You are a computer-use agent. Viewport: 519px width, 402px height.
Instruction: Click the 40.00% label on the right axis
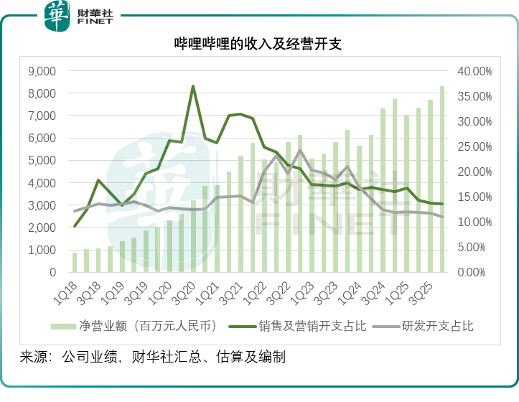pos(474,71)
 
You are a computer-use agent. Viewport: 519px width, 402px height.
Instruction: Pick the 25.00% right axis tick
pos(474,146)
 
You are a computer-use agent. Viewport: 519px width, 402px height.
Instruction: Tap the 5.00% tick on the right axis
pos(474,248)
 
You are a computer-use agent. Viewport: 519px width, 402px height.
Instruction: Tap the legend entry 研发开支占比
pos(430,327)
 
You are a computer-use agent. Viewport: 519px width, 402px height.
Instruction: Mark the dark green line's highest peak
pos(193,86)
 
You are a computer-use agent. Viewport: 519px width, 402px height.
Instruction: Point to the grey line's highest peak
pos(299,150)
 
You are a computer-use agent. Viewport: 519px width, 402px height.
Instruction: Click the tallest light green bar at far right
pos(442,179)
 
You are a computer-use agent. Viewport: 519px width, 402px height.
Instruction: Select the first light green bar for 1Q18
pos(75,263)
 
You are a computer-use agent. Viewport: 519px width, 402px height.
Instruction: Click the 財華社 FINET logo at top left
pos(79,16)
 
